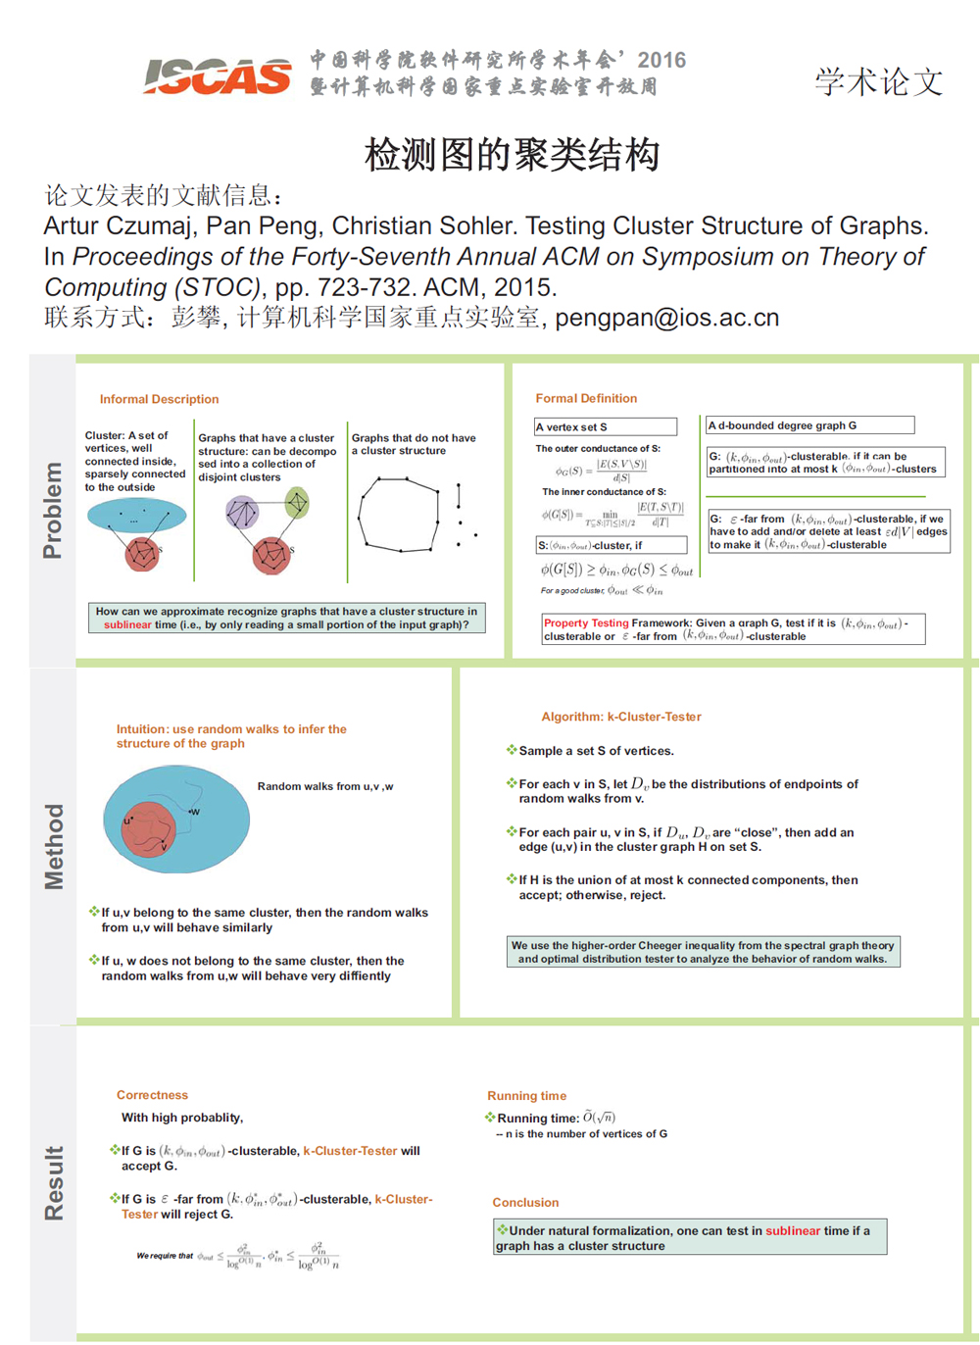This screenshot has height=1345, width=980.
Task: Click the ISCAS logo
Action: [x=218, y=75]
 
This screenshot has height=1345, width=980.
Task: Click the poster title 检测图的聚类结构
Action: [x=512, y=155]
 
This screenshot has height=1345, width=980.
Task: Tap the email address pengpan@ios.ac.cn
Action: [x=667, y=319]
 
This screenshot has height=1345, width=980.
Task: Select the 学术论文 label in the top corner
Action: [x=878, y=81]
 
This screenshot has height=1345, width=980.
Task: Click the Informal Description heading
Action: [x=159, y=399]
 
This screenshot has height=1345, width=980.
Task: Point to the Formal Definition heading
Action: [x=586, y=398]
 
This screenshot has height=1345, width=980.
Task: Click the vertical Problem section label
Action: [x=53, y=510]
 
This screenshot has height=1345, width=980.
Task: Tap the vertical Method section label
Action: [x=54, y=846]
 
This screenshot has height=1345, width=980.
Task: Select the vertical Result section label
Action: [x=54, y=1182]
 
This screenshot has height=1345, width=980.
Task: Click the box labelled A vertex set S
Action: [x=605, y=426]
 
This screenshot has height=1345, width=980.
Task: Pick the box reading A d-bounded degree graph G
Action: [x=809, y=425]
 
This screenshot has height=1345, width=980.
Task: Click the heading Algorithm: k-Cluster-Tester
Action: [x=621, y=717]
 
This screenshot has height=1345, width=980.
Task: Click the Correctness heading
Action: [x=152, y=1095]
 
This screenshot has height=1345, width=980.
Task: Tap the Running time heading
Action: [x=526, y=1096]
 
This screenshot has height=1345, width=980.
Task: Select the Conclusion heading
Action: [x=525, y=1202]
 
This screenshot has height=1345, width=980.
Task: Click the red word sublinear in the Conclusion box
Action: [x=793, y=1230]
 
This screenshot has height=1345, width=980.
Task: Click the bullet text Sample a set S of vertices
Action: [x=596, y=751]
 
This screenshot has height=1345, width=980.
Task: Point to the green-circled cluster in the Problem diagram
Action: [x=297, y=504]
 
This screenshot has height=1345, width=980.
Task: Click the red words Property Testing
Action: [x=586, y=623]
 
